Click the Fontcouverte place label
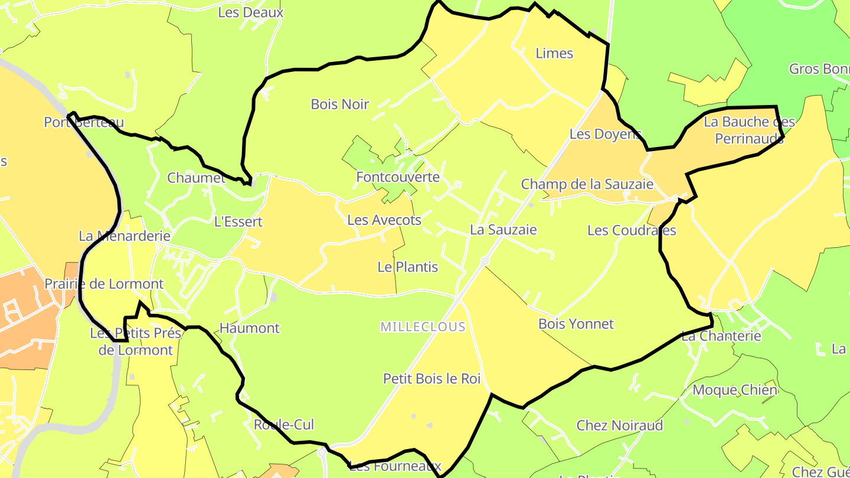click(398, 177)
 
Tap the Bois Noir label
click(339, 104)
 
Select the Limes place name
click(554, 53)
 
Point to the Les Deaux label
click(251, 12)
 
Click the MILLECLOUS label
click(423, 327)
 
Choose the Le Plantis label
click(408, 267)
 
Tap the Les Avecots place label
click(384, 220)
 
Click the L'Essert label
click(238, 222)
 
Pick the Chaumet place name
click(196, 178)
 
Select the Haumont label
click(249, 328)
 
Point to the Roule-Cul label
click(284, 425)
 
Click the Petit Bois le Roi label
click(432, 379)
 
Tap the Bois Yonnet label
click(576, 324)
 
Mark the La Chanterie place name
click(721, 336)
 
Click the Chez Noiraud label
click(620, 425)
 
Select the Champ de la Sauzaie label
click(587, 184)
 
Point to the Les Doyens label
click(605, 134)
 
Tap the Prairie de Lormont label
click(104, 284)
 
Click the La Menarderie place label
click(125, 236)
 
